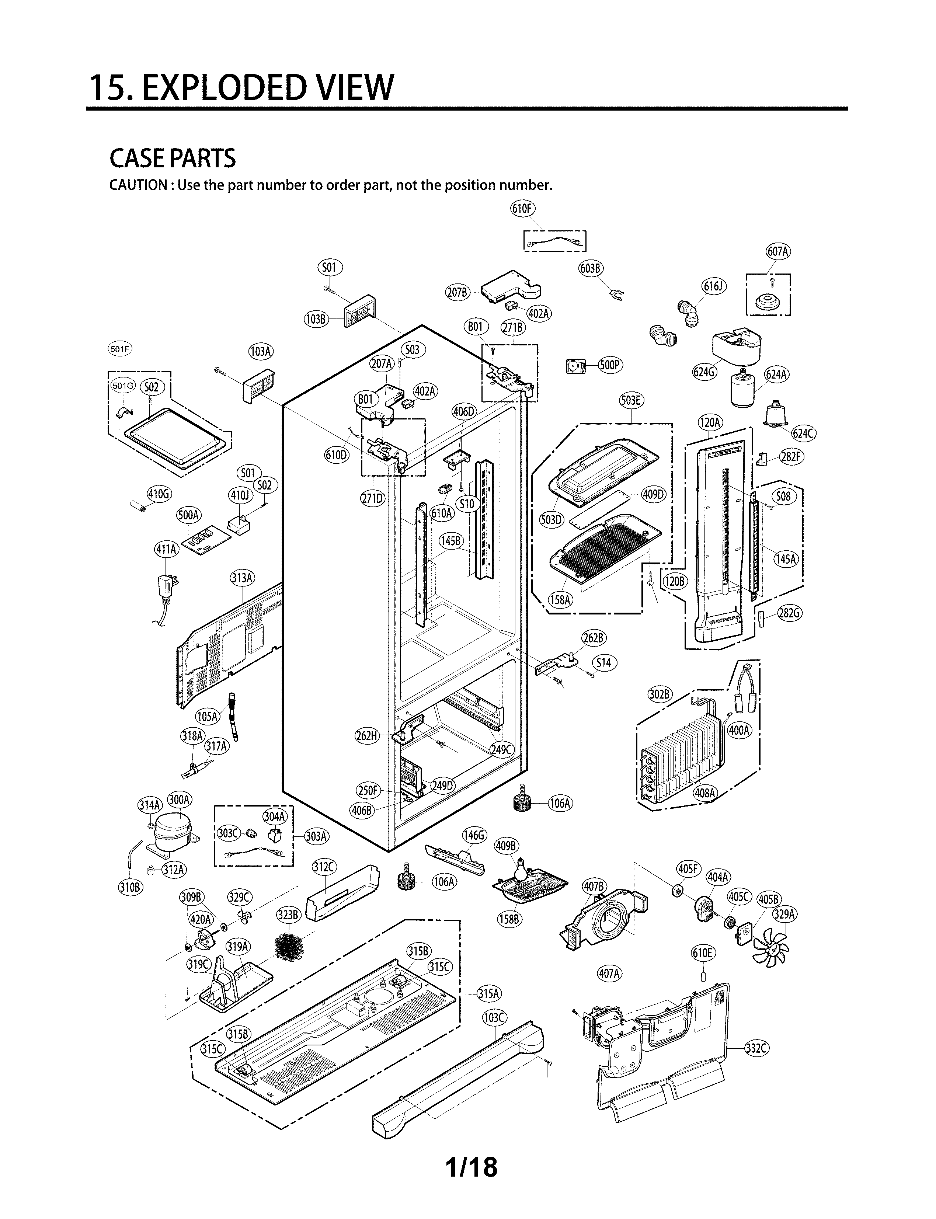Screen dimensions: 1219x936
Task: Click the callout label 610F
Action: click(x=523, y=209)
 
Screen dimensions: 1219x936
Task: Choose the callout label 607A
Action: click(x=778, y=251)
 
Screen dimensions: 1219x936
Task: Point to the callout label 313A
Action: click(x=242, y=578)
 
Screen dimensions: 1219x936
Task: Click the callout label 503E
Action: click(x=631, y=400)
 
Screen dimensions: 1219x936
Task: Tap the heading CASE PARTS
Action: click(x=173, y=159)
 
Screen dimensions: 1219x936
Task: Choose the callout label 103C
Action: click(x=494, y=1018)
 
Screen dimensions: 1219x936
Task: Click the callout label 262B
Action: click(x=594, y=638)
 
